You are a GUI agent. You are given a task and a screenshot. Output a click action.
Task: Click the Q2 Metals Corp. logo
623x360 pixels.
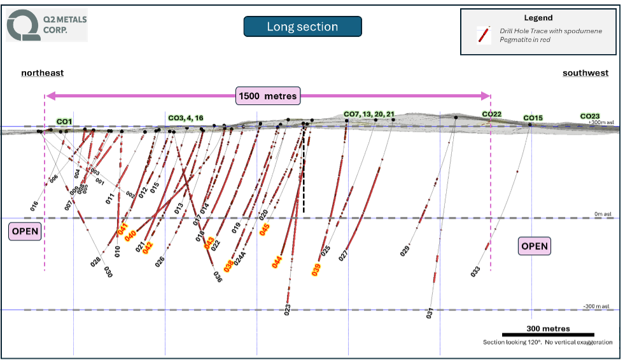46,25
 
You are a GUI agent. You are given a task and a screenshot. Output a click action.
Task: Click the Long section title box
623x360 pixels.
302,27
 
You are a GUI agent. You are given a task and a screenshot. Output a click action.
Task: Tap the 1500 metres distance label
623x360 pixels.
267,97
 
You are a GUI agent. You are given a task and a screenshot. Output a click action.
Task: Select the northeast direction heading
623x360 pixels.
43,73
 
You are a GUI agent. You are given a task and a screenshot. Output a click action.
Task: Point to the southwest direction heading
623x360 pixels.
585,73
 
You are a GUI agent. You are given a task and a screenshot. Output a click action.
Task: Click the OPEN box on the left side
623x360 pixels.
25,232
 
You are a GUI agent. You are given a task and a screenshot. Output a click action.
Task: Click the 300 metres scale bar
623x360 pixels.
548,334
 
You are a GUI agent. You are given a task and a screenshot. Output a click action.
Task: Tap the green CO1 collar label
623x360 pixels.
64,121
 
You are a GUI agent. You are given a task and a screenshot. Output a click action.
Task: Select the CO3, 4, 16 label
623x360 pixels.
186,118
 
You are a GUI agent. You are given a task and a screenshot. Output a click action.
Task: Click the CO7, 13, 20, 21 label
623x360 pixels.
369,114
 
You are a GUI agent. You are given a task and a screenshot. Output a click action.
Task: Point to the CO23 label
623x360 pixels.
589,116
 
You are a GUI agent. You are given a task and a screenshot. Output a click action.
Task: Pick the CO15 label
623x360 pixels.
533,118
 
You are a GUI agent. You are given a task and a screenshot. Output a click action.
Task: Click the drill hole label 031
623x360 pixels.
430,313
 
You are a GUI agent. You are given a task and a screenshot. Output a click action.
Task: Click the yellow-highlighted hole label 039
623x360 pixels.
316,270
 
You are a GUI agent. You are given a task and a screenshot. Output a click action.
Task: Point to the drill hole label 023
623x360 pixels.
288,310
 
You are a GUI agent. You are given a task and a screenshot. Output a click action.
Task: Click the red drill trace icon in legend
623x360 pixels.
484,36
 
